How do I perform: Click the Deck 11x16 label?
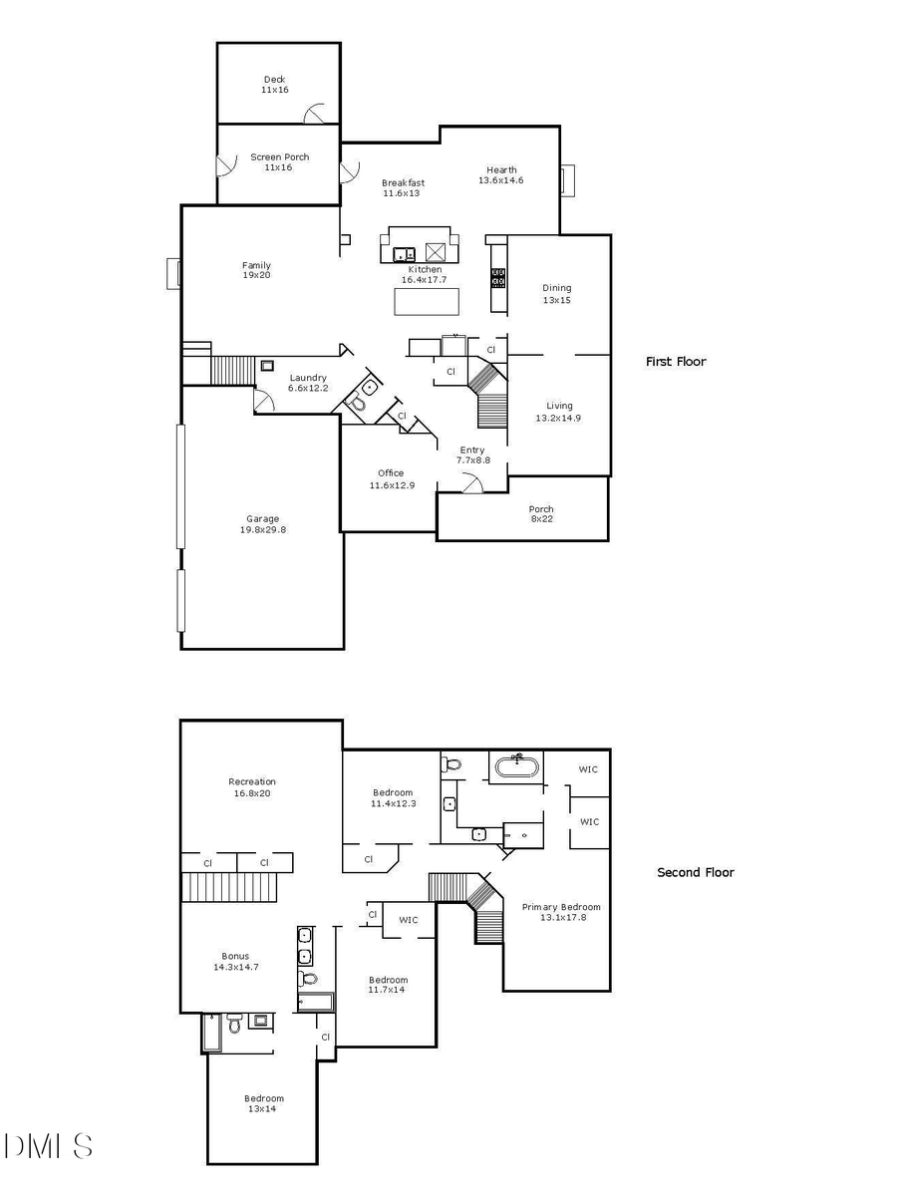pyautogui.click(x=275, y=85)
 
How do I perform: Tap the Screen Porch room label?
pyautogui.click(x=279, y=162)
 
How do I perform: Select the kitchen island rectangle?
pyautogui.click(x=427, y=301)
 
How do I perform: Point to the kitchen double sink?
pyautogui.click(x=405, y=253)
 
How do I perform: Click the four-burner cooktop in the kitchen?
pyautogui.click(x=497, y=277)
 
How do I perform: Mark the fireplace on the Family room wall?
pyautogui.click(x=173, y=274)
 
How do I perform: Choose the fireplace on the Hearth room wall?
pyautogui.click(x=567, y=180)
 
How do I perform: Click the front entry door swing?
pyautogui.click(x=474, y=483)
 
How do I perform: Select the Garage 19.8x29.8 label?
pyautogui.click(x=262, y=524)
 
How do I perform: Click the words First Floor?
pyautogui.click(x=675, y=362)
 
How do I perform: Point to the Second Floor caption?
pyautogui.click(x=695, y=872)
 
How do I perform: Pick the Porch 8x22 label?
pyautogui.click(x=541, y=514)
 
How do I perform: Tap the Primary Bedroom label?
pyautogui.click(x=561, y=912)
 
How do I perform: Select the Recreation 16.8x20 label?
pyautogui.click(x=252, y=787)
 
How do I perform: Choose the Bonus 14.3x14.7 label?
pyautogui.click(x=236, y=962)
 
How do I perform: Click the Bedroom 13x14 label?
pyautogui.click(x=264, y=1103)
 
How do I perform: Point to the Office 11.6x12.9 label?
pyautogui.click(x=391, y=479)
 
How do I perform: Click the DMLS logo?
pyautogui.click(x=48, y=1146)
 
